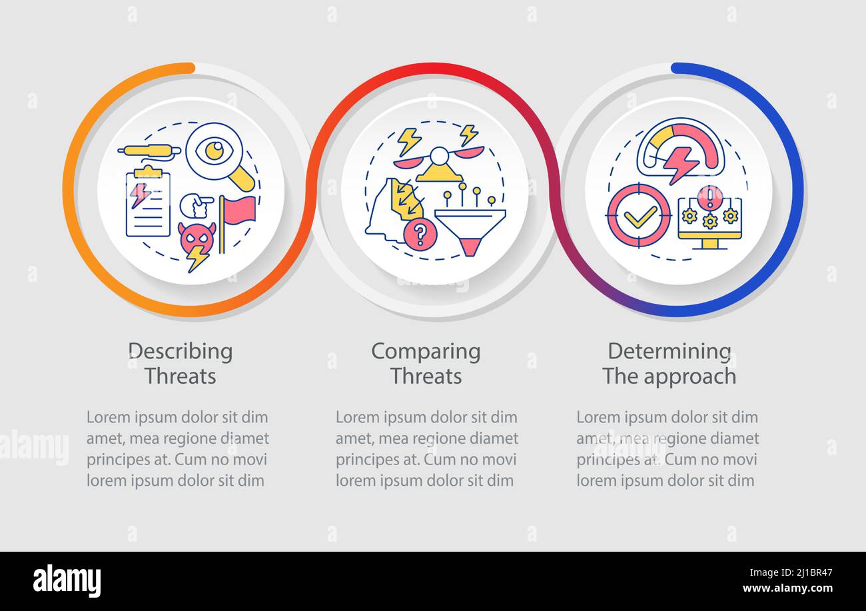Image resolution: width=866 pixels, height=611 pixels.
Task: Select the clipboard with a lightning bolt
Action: [148, 203]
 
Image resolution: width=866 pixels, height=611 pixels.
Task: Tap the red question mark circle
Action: [420, 235]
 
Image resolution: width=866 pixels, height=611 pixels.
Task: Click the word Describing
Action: [180, 351]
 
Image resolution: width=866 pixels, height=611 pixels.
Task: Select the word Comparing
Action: [426, 351]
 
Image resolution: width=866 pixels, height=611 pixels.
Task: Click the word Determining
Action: [669, 351]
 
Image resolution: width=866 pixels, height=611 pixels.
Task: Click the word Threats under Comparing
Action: [426, 376]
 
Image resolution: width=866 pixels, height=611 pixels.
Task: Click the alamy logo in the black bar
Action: [67, 581]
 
